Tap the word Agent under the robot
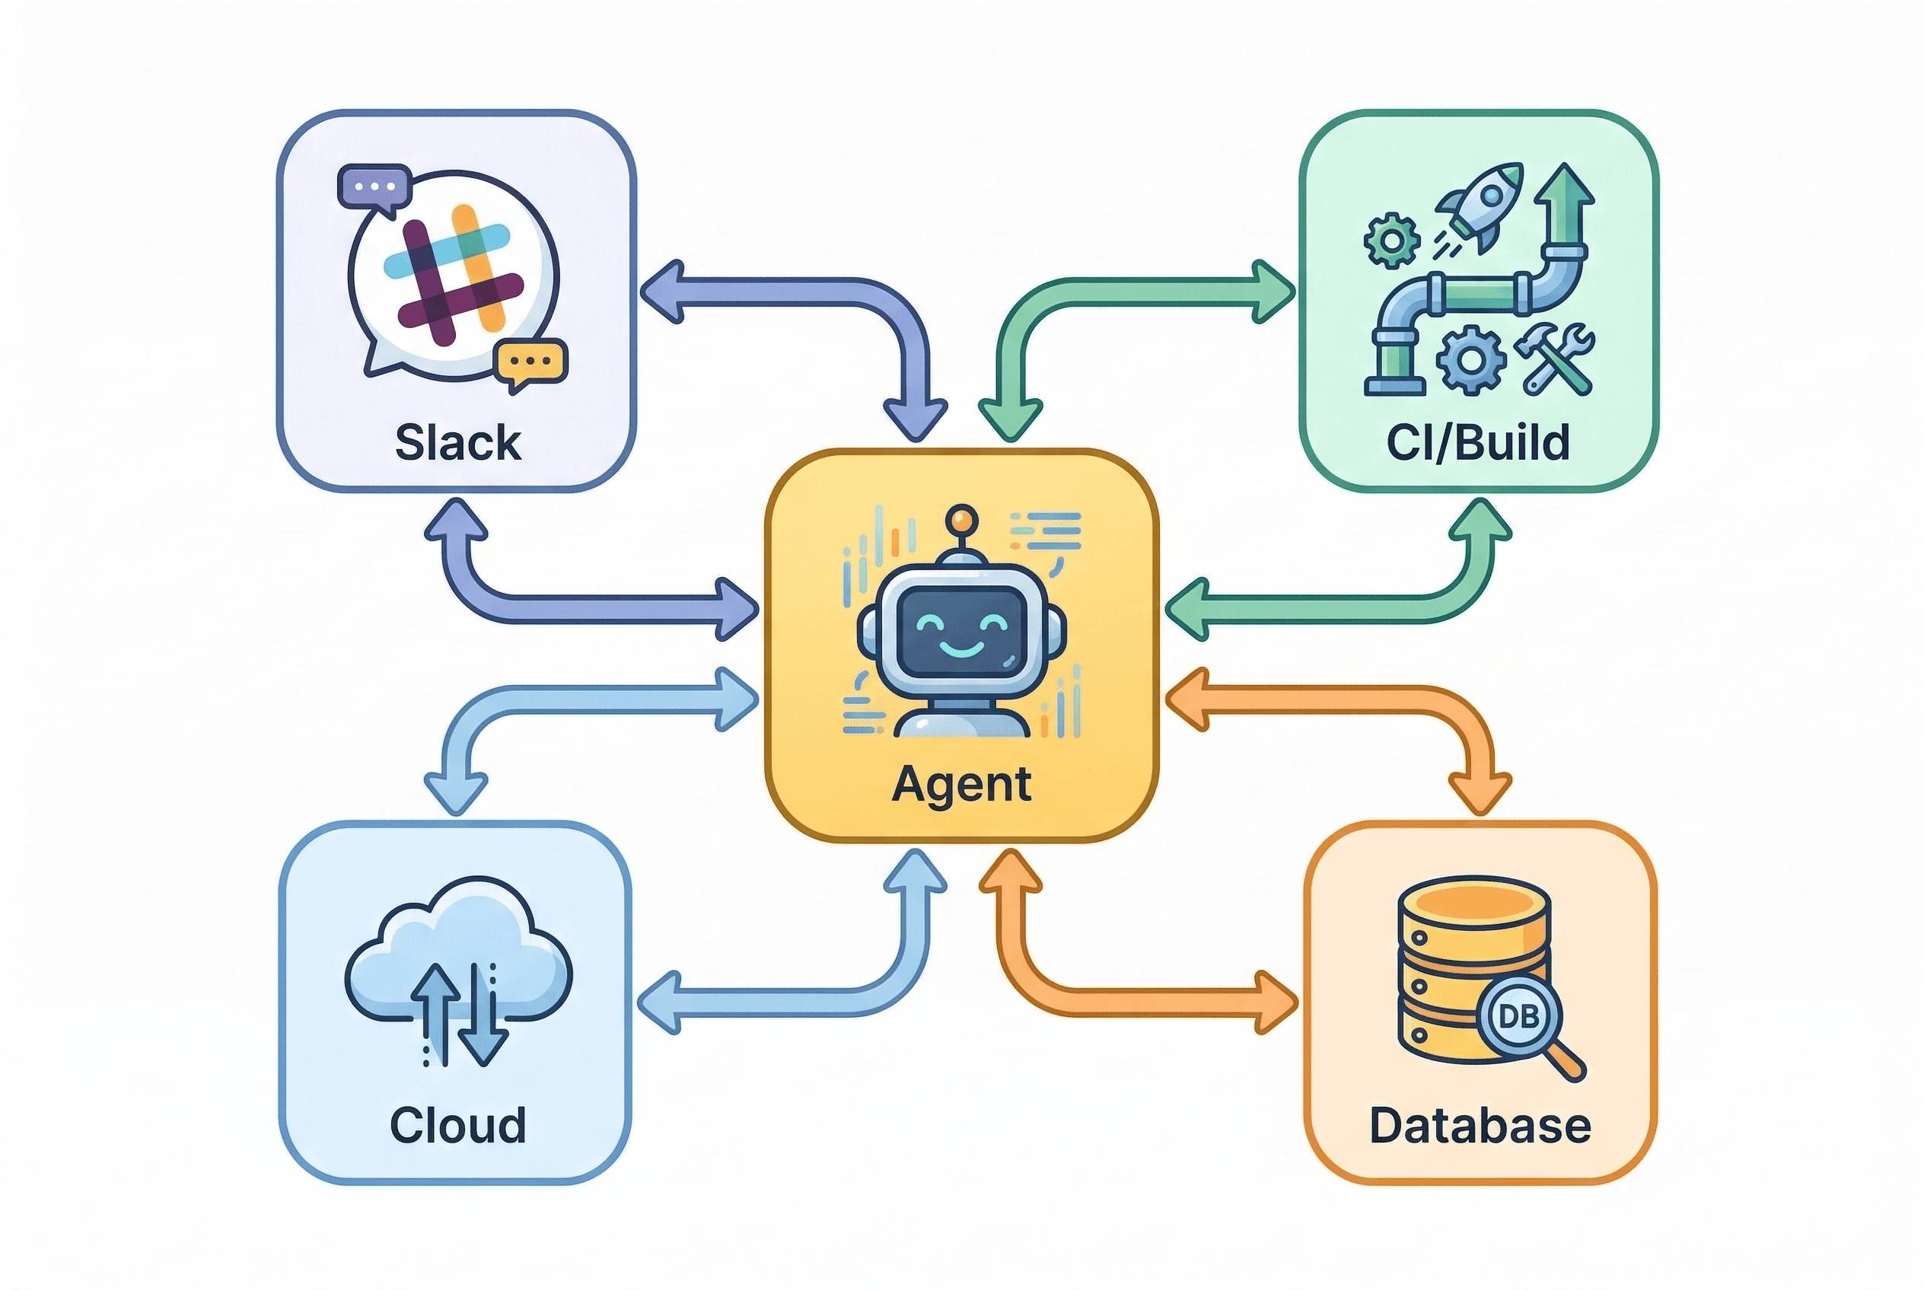960,784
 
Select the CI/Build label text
1478,442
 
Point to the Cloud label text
457,1125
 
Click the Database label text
1480,1126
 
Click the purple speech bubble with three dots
374,188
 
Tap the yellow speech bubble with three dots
531,362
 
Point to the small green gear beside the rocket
1391,241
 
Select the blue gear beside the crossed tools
1471,360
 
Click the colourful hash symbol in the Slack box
453,274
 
